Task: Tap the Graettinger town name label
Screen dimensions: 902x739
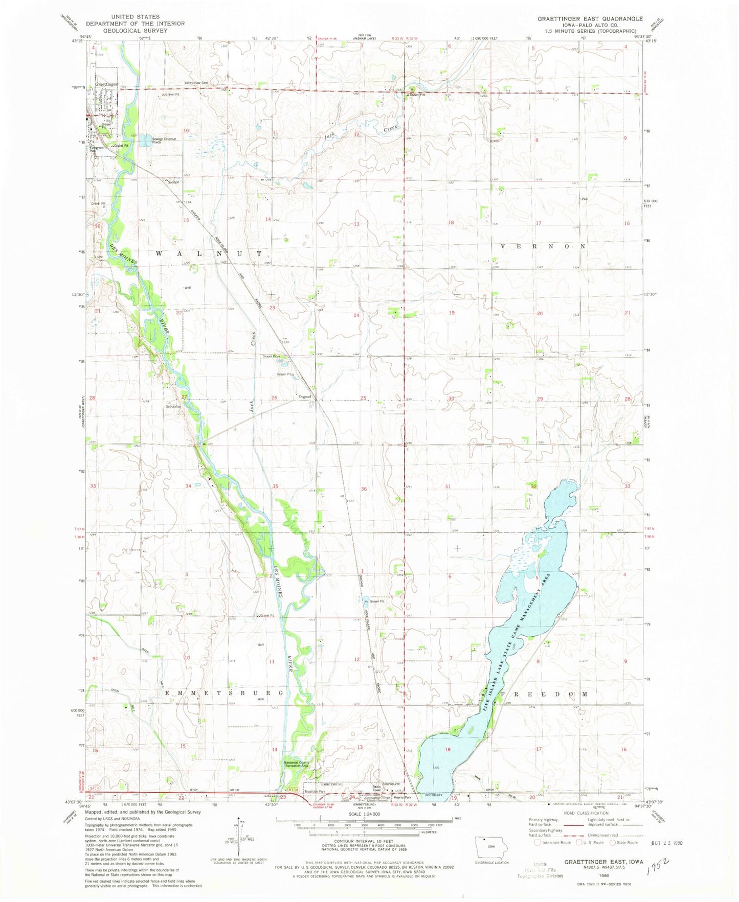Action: [106, 84]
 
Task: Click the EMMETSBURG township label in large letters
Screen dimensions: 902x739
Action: [224, 693]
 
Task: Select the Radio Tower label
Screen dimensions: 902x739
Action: [377, 789]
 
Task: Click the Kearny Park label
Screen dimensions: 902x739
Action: [402, 798]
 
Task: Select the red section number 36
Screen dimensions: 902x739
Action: [364, 489]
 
